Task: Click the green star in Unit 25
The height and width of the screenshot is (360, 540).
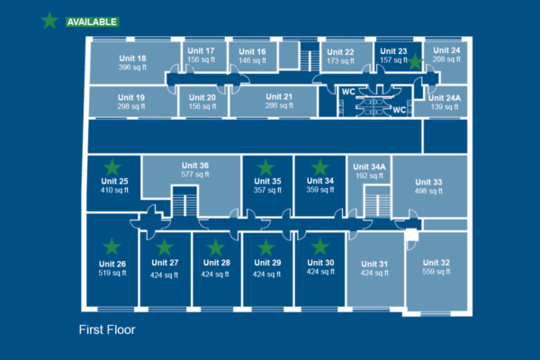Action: pyautogui.click(x=112, y=167)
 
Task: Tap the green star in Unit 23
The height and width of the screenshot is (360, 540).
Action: pyautogui.click(x=415, y=62)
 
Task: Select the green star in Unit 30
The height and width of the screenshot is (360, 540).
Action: pyautogui.click(x=319, y=246)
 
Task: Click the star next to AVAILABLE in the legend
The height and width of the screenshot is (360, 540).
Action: pyautogui.click(x=49, y=21)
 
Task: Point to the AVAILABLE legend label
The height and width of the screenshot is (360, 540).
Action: pyautogui.click(x=92, y=21)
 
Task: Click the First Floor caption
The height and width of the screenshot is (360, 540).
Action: pyautogui.click(x=106, y=329)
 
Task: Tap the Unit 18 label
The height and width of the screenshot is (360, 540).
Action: pyautogui.click(x=132, y=58)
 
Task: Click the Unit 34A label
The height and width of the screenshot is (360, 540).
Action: pyautogui.click(x=370, y=167)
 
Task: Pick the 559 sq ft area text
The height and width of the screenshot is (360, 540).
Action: pyautogui.click(x=436, y=273)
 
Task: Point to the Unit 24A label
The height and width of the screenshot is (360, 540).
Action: pyautogui.click(x=444, y=97)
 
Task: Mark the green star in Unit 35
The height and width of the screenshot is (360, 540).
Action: pyautogui.click(x=265, y=167)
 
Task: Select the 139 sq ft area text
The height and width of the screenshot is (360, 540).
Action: pyautogui.click(x=444, y=106)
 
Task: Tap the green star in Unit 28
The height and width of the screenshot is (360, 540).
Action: pyautogui.click(x=216, y=247)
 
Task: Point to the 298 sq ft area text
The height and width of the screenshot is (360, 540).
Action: pyautogui.click(x=130, y=106)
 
